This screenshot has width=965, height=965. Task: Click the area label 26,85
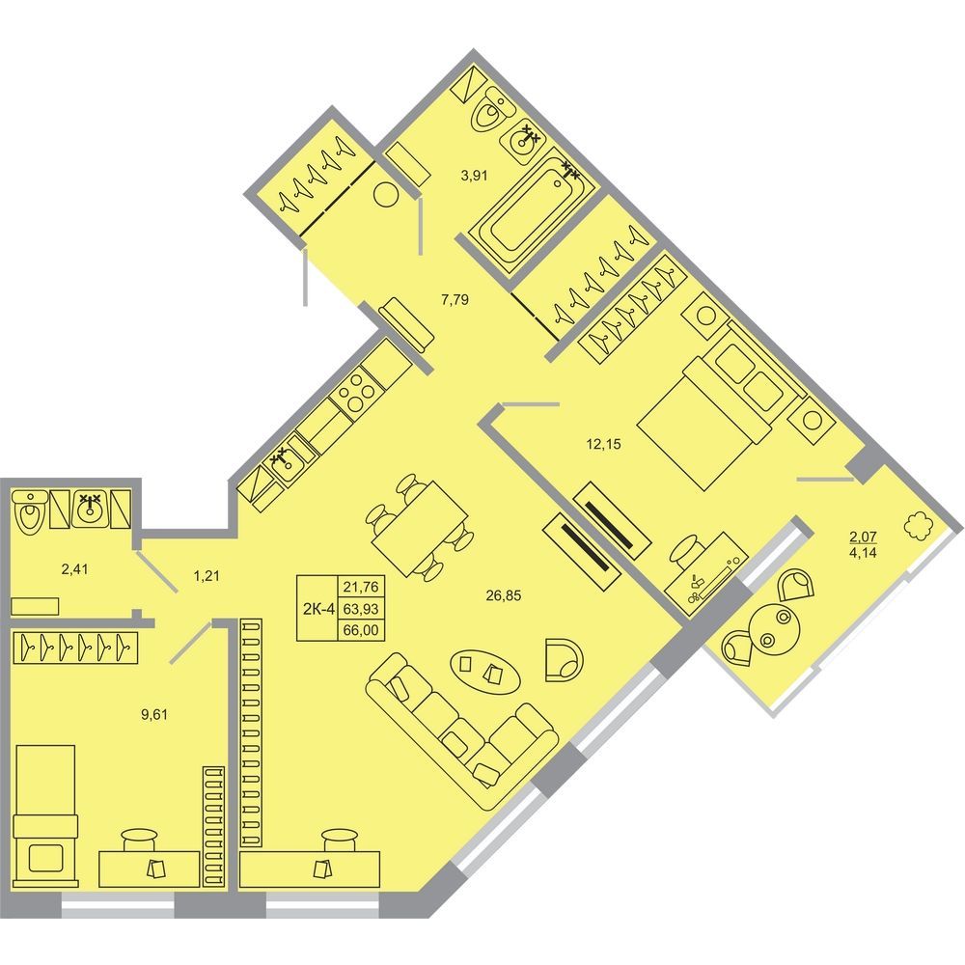tap(504, 595)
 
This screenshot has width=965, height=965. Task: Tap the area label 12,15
tap(604, 444)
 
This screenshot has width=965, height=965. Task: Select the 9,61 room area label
tap(153, 714)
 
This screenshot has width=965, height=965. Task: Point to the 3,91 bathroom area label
tap(475, 176)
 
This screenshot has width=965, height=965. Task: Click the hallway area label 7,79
tap(455, 300)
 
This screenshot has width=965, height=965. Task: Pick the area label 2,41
tap(74, 569)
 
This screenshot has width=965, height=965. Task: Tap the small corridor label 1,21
tap(207, 577)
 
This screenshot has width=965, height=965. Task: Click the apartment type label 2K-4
tap(318, 609)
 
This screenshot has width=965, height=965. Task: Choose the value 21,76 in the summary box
tap(361, 586)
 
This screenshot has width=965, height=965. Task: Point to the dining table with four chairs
tap(419, 528)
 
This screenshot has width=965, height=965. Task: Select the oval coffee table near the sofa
tap(485, 672)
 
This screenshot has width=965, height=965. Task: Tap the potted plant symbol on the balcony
tap(919, 526)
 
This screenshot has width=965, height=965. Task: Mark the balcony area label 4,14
tap(864, 552)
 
